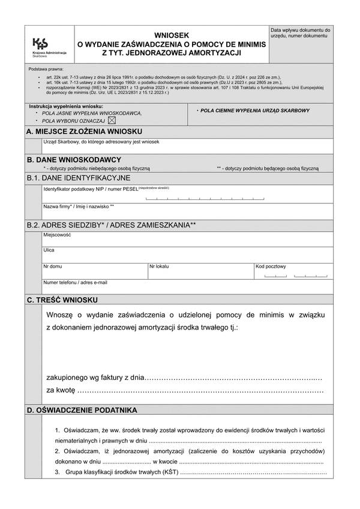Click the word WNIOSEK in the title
pyautogui.click(x=172, y=35)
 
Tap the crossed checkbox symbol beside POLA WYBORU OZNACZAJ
pyautogui.click(x=112, y=120)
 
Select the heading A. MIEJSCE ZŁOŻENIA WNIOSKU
pyautogui.click(x=84, y=131)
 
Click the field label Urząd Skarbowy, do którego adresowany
pyautogui.click(x=101, y=142)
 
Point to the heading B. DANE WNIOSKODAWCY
pyautogui.click(x=74, y=160)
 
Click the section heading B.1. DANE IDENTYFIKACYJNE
pyautogui.click(x=78, y=178)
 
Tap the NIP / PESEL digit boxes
pyautogui.click(x=205, y=197)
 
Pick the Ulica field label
pyautogui.click(x=49, y=250)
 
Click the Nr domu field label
pyautogui.click(x=53, y=266)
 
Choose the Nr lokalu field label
pyautogui.click(x=160, y=266)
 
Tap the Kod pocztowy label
pyautogui.click(x=271, y=266)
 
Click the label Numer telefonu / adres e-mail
pyautogui.click(x=75, y=282)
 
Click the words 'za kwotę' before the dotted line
pyautogui.click(x=61, y=390)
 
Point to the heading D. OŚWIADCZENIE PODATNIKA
pyautogui.click(x=82, y=410)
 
